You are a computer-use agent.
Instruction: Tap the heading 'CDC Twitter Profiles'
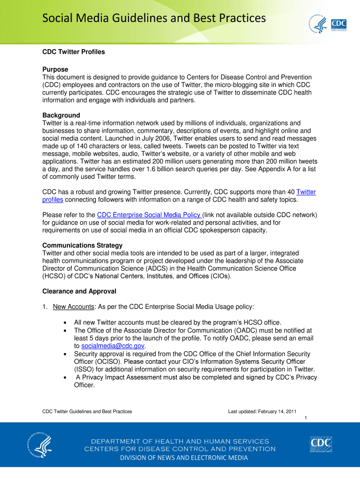[x=73, y=52]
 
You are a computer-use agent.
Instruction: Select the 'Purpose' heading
[x=55, y=69]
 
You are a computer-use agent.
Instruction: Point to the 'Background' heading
[x=61, y=115]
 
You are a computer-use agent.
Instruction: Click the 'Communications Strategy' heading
[x=82, y=245]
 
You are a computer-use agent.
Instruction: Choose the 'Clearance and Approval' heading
[x=79, y=291]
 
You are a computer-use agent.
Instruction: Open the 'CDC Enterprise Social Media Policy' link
[x=149, y=215]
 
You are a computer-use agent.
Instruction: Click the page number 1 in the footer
[x=305, y=418]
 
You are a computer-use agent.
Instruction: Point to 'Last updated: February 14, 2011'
[x=262, y=411]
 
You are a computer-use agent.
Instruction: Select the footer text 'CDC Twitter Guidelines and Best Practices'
[x=87, y=411]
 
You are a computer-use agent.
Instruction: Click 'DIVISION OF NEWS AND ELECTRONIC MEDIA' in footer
[x=184, y=457]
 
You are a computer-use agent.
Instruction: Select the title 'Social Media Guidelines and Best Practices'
[x=154, y=18]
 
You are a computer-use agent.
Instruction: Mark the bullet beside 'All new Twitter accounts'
[x=64, y=322]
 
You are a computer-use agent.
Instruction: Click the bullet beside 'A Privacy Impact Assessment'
[x=64, y=377]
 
